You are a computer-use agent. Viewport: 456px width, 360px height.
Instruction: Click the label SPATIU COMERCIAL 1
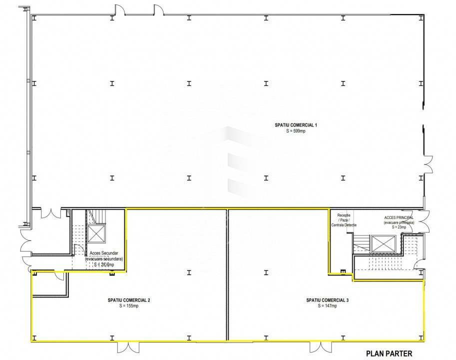click(x=296, y=125)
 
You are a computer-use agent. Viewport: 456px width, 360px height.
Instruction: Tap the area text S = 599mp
click(x=296, y=131)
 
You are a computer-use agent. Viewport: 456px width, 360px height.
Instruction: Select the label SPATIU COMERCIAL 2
click(x=129, y=300)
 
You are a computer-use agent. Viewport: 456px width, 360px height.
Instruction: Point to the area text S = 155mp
click(x=129, y=306)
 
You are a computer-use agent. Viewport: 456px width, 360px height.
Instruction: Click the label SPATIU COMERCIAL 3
click(x=328, y=300)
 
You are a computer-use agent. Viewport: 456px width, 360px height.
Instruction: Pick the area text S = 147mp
click(x=328, y=306)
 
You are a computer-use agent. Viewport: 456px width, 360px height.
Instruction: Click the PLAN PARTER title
click(x=389, y=353)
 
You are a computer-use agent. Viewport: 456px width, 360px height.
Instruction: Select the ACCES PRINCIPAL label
click(x=399, y=218)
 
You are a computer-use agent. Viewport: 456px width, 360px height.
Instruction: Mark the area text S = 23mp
click(x=399, y=227)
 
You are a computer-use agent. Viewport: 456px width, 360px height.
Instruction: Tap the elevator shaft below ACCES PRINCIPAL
click(x=383, y=243)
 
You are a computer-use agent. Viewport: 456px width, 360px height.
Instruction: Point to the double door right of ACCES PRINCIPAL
click(x=425, y=220)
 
